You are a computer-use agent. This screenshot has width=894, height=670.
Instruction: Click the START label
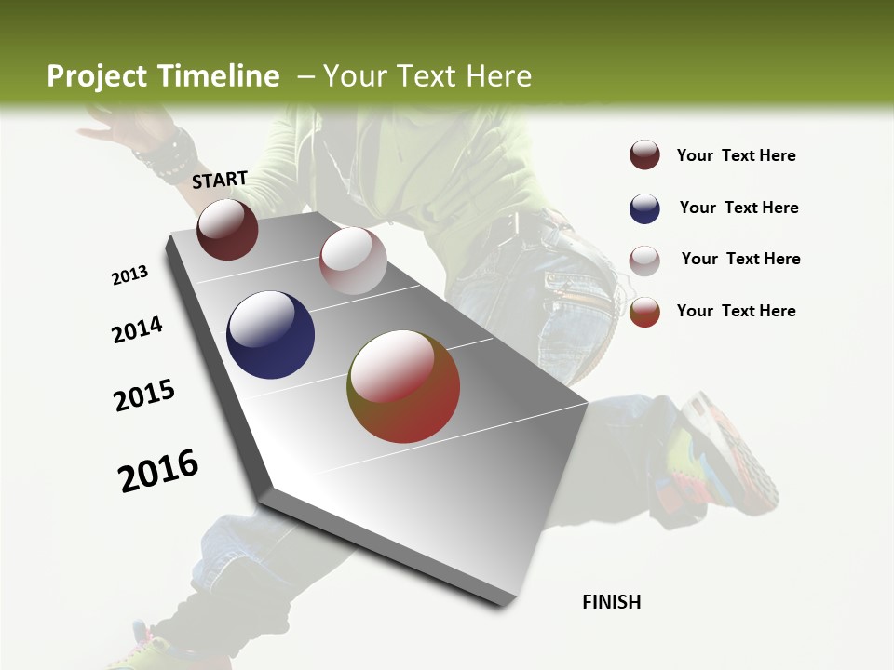(220, 180)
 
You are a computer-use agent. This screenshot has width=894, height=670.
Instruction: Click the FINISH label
(611, 602)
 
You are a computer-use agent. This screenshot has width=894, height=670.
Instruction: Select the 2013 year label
(129, 275)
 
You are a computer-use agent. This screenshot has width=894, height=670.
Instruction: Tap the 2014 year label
(137, 330)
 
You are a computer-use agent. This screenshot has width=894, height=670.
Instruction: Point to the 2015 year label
(144, 395)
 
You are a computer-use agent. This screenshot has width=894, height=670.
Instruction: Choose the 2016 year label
(158, 471)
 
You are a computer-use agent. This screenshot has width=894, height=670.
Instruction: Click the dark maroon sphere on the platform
(227, 229)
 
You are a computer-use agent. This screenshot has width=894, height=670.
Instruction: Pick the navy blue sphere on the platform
(270, 335)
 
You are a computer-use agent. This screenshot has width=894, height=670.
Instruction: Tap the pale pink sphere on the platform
(353, 261)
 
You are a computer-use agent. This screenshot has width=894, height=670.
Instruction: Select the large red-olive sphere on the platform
(403, 386)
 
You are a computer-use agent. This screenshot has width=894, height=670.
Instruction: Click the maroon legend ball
(644, 155)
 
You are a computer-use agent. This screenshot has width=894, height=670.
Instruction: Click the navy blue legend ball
(644, 208)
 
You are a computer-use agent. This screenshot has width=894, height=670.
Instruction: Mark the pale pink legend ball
(644, 260)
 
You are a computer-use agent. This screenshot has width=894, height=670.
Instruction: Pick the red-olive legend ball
(644, 312)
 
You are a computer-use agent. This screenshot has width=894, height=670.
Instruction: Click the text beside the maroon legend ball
(736, 155)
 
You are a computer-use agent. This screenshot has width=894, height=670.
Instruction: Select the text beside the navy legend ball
(738, 208)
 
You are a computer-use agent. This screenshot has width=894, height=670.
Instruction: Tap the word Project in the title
(97, 76)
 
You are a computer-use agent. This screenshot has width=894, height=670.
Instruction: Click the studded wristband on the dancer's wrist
(166, 154)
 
